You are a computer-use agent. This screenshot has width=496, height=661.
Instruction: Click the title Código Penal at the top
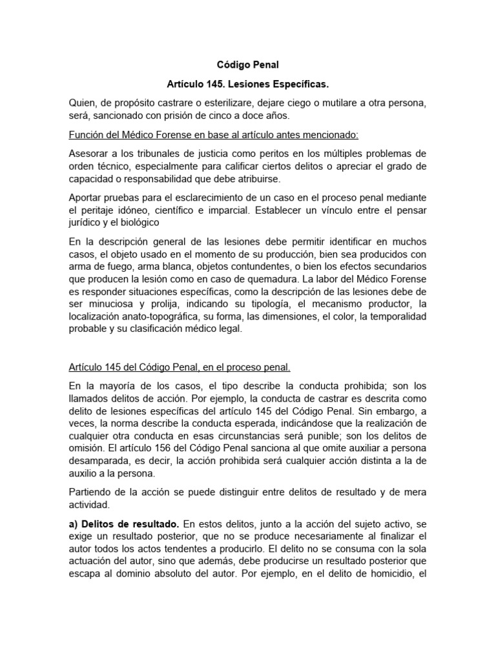[x=247, y=65]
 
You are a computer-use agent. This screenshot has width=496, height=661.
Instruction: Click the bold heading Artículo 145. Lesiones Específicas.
[x=247, y=85]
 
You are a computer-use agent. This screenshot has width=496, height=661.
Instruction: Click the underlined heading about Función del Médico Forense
[x=214, y=135]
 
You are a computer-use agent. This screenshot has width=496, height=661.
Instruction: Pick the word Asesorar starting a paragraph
[x=90, y=154]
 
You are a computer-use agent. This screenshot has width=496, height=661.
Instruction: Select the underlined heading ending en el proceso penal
[x=180, y=367]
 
